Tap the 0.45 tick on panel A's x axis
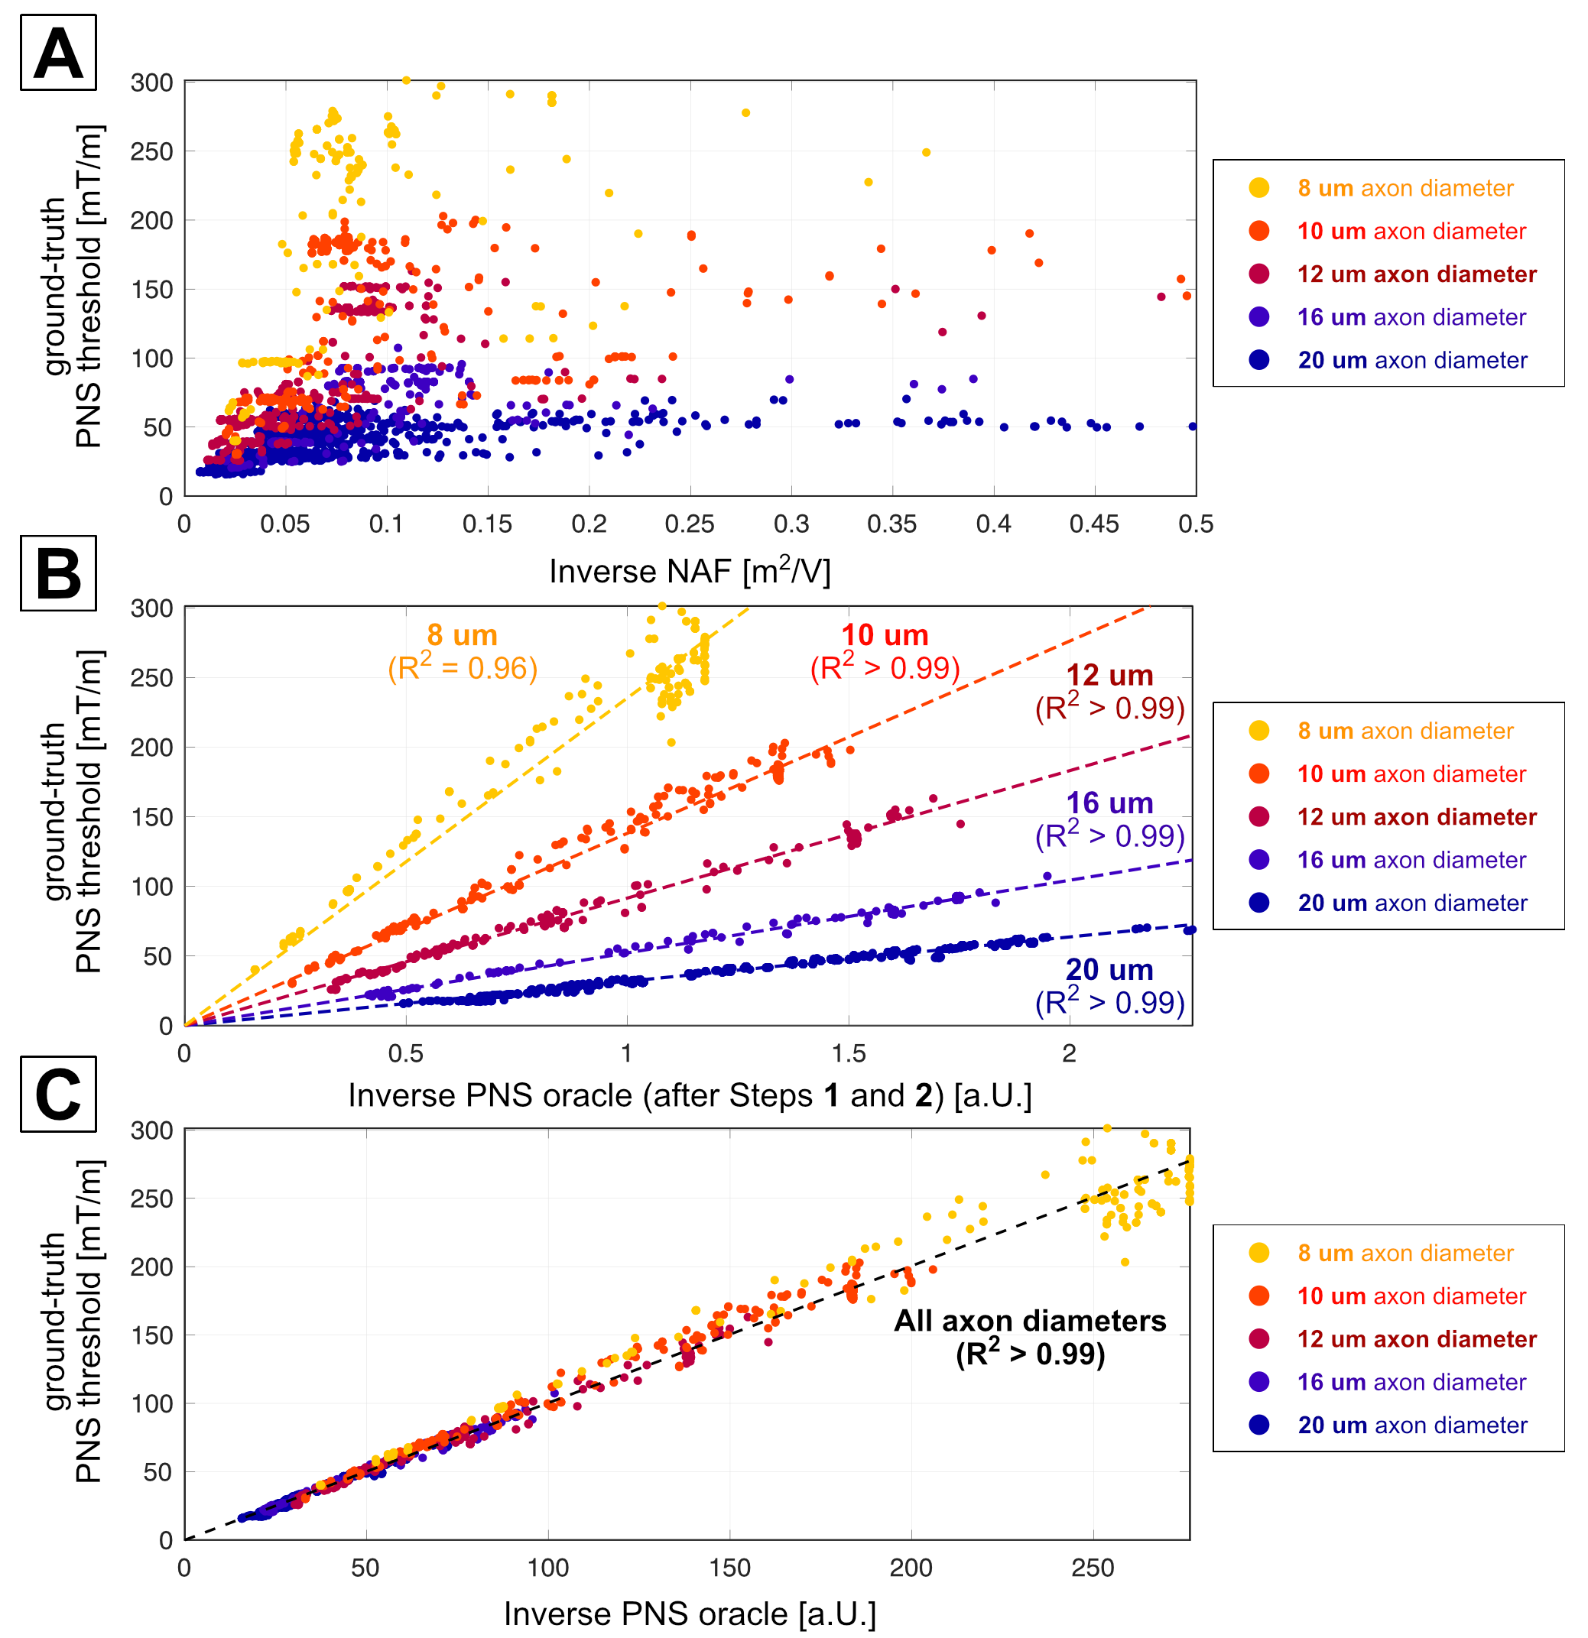pos(1094,525)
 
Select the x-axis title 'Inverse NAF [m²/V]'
pos(690,571)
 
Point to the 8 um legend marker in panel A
pos(1258,188)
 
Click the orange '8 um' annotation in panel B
pos(463,636)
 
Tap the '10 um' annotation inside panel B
pos(885,636)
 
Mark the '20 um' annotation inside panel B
pos(1109,969)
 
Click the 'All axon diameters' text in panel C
pos(1030,1321)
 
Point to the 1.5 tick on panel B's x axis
pos(849,1054)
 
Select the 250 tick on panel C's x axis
pos(1093,1568)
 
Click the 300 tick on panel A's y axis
pos(152,83)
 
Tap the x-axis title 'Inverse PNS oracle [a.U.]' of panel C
pos(690,1614)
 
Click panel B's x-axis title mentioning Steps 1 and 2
pos(690,1095)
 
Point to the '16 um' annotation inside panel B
pos(1109,803)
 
